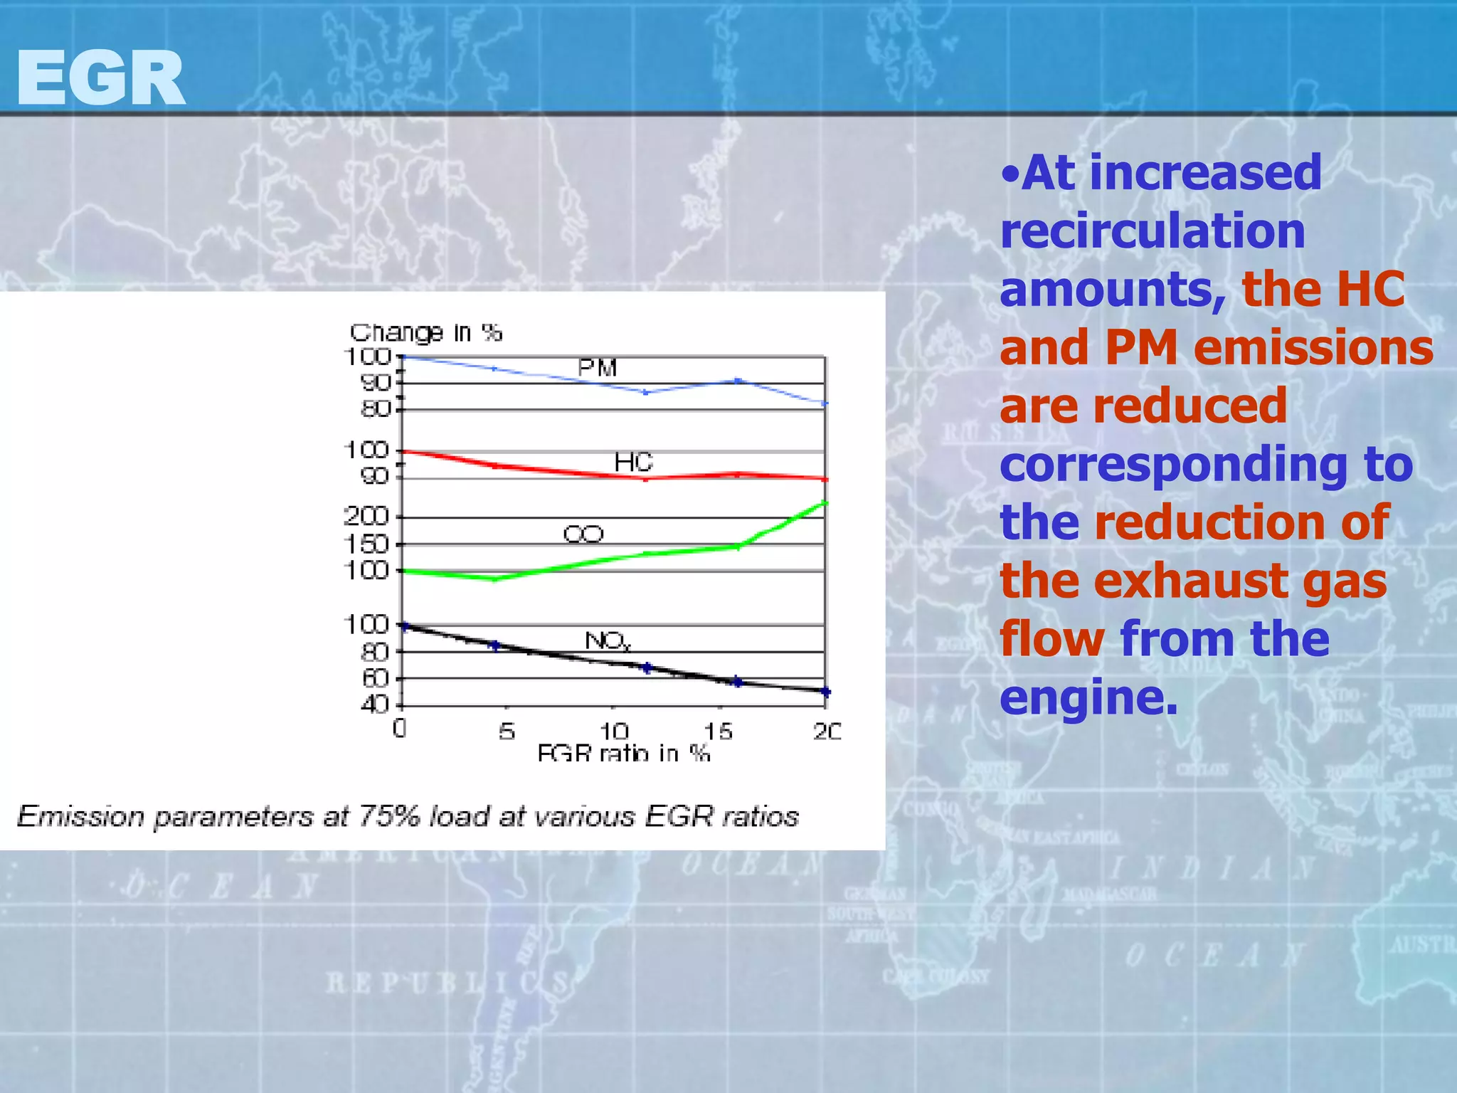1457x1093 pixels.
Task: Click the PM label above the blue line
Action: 597,368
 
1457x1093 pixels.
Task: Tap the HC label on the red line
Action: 633,463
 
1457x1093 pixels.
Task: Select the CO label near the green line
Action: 583,534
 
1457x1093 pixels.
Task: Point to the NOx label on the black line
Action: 607,641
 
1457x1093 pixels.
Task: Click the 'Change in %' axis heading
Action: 425,332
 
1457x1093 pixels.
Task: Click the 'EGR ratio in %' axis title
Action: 623,752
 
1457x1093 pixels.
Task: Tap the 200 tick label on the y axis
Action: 366,517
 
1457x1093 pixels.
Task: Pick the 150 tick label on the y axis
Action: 366,544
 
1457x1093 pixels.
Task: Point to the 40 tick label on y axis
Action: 375,705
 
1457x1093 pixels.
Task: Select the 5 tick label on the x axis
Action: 506,731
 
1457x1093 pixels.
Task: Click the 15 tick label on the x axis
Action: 718,731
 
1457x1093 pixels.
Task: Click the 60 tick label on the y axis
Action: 375,678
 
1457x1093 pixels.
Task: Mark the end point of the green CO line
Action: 825,503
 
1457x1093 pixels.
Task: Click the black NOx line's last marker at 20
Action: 825,692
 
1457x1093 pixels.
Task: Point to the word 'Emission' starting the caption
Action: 80,816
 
